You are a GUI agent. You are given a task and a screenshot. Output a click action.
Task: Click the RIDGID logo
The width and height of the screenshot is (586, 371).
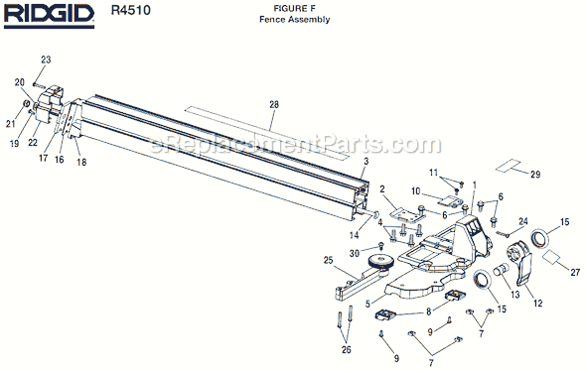pyautogui.click(x=49, y=16)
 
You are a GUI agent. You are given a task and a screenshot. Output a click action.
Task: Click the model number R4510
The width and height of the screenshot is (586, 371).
pyautogui.click(x=130, y=10)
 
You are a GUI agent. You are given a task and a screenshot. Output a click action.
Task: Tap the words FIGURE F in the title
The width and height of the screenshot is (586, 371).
pyautogui.click(x=294, y=8)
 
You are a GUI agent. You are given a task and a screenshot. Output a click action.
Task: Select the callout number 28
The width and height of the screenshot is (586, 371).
pyautogui.click(x=274, y=104)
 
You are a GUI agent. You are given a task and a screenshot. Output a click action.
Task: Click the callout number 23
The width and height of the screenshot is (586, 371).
pyautogui.click(x=46, y=60)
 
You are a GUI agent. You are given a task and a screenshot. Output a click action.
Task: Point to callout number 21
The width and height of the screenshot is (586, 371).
pyautogui.click(x=11, y=124)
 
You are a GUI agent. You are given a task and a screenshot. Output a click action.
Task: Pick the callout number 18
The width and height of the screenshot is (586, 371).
pyautogui.click(x=81, y=162)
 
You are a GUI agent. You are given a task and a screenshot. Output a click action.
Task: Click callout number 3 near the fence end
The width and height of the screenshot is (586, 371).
pyautogui.click(x=366, y=162)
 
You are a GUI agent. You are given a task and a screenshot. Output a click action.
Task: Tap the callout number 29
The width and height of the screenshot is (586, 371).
pyautogui.click(x=535, y=175)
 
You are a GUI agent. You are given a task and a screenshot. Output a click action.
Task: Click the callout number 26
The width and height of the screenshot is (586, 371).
pyautogui.click(x=347, y=350)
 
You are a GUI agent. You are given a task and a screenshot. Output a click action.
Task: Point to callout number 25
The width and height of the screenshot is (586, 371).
pyautogui.click(x=328, y=260)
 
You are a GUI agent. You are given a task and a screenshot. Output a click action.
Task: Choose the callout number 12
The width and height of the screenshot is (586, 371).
pyautogui.click(x=537, y=304)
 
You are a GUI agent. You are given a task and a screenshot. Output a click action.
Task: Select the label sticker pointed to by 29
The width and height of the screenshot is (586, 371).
pyautogui.click(x=509, y=166)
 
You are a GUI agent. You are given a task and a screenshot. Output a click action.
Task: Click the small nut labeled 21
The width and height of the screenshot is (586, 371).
pyautogui.click(x=27, y=103)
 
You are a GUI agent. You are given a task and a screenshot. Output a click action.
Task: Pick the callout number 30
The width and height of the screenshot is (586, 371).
pyautogui.click(x=354, y=253)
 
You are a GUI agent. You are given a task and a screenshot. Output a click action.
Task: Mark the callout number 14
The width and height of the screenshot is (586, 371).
pyautogui.click(x=354, y=235)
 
